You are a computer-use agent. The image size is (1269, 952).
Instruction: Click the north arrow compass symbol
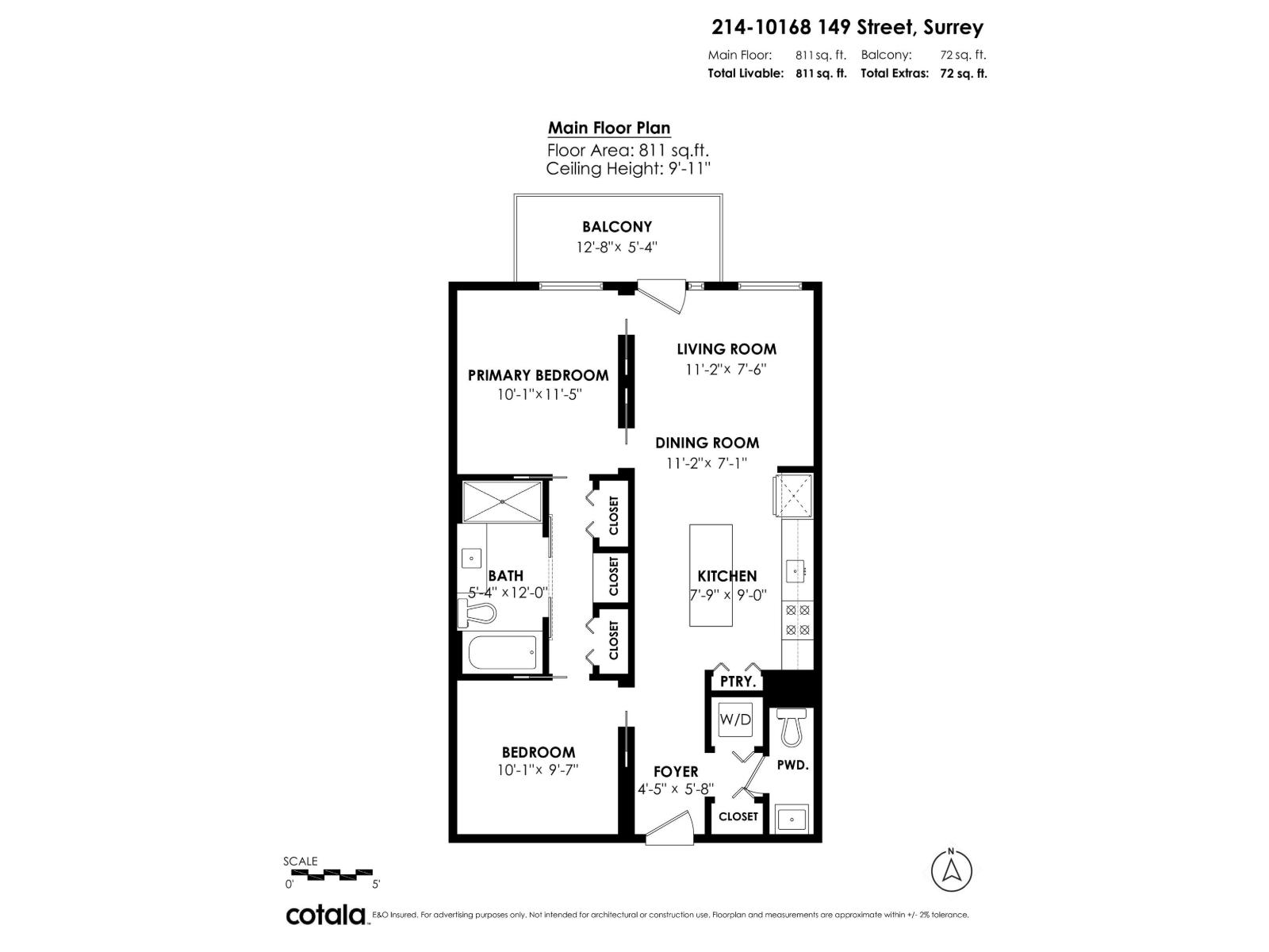950,870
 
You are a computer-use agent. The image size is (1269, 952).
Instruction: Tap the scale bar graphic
339,874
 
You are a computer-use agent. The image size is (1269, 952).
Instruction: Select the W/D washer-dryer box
734,719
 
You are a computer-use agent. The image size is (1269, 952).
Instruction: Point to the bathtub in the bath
503,652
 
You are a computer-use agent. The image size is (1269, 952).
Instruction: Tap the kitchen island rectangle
711,575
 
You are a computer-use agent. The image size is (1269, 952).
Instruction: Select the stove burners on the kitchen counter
797,620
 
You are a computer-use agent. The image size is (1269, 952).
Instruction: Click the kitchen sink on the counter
796,571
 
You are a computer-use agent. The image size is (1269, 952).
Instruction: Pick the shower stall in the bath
502,501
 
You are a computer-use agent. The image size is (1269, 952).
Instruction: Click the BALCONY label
617,227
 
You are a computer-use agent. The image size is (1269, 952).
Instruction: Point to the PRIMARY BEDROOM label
539,375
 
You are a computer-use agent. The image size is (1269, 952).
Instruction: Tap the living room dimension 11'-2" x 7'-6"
727,369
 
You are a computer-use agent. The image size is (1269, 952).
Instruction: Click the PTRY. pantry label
738,681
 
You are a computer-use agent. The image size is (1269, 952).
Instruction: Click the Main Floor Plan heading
609,128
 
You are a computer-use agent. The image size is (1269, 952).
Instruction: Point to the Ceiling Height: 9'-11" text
628,169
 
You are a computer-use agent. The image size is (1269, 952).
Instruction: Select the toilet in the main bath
477,613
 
